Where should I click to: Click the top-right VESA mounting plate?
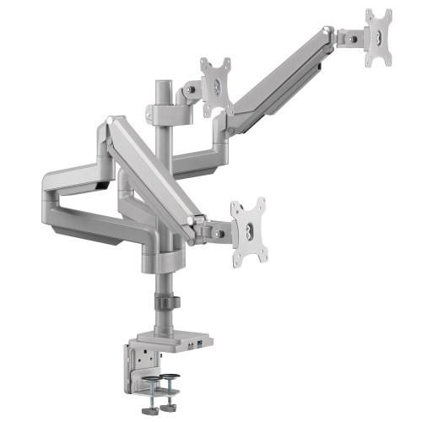[379, 37]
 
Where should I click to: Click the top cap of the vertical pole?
[160, 86]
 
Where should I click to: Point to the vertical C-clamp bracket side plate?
[139, 360]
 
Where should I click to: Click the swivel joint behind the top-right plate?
[347, 38]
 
